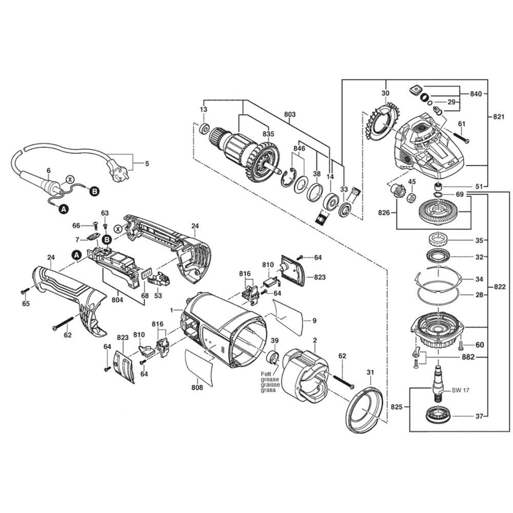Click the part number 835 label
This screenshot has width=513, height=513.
tap(268, 134)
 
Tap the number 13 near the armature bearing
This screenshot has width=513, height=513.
tap(204, 110)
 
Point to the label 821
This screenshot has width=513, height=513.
tap(498, 117)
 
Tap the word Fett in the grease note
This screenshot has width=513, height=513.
tap(265, 374)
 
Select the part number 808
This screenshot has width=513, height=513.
tap(197, 387)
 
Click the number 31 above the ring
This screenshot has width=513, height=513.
tap(370, 372)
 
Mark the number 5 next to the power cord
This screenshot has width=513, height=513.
tap(147, 164)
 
